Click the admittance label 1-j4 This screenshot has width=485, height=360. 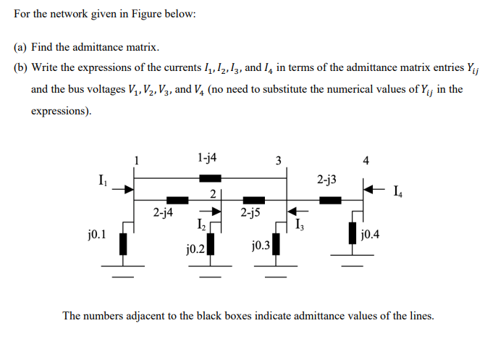206,156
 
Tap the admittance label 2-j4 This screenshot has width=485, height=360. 163,213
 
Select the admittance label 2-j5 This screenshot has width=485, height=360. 250,213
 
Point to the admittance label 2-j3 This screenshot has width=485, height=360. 326,178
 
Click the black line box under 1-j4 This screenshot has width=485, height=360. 211,178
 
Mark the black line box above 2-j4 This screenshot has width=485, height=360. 177,200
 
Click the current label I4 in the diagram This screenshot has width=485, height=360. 396,192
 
